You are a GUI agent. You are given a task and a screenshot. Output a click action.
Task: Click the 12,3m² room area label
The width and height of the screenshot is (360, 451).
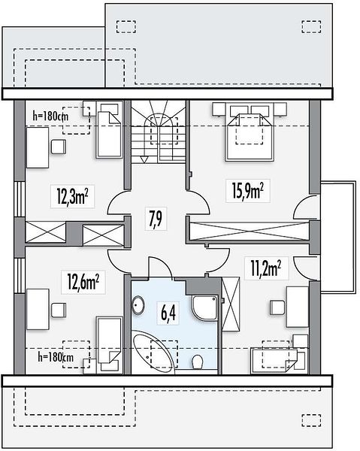pos(72,197)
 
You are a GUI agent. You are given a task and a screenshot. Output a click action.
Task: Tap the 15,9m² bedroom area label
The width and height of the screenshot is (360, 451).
pos(248,191)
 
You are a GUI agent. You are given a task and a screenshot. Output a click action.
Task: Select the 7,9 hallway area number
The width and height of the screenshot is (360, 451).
pos(156,219)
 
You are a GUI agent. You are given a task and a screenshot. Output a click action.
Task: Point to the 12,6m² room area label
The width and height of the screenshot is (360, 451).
pos(83,282)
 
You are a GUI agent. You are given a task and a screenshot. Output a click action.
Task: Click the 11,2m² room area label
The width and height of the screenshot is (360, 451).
pos(266,268)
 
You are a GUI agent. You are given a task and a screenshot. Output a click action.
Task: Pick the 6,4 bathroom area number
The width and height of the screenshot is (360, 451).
pos(168,313)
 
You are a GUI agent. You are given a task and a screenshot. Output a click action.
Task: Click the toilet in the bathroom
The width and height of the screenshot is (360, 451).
pos(197,362)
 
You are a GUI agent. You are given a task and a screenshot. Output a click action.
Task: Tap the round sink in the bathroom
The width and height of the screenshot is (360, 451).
pos(138,305)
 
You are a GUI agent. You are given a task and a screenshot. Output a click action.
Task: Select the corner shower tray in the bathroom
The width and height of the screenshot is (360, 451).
pos(204,307)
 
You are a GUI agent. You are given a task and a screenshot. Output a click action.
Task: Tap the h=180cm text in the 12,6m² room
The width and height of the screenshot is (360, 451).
pos(56,358)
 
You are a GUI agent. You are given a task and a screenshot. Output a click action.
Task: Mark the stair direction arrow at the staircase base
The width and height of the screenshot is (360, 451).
pos(144,159)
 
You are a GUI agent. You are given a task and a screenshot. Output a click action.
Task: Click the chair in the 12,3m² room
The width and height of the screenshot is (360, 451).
pos(59,147)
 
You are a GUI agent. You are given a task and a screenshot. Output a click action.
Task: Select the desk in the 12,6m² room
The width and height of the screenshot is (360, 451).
pos(38,309)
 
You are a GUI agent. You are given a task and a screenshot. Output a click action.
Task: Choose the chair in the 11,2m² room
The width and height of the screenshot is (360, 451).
pos(277,307)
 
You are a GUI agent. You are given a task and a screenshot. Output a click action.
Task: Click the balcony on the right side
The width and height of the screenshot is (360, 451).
pos(338,237)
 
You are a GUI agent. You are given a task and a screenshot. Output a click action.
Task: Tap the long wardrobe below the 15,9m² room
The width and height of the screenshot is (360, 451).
pos(250,231)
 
